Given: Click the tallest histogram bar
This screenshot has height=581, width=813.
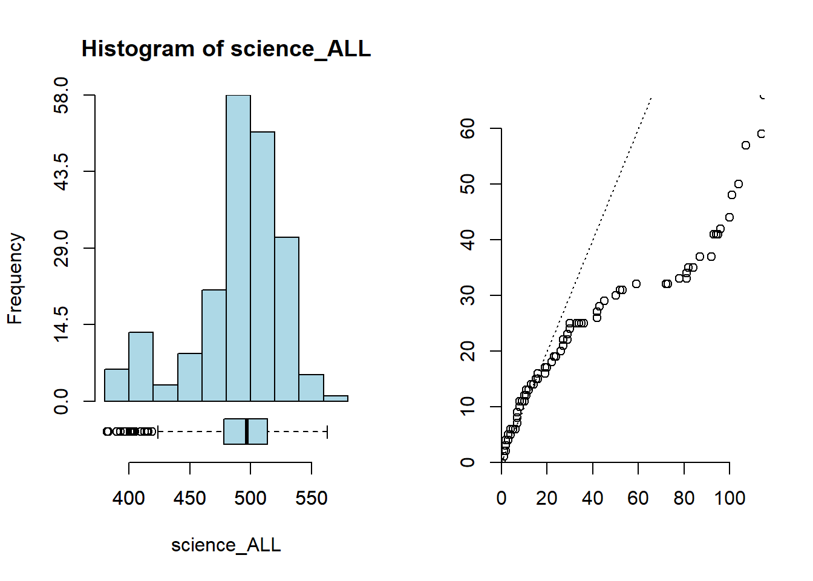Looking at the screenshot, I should point(238,248).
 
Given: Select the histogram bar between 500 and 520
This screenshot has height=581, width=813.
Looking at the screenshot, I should point(263,266).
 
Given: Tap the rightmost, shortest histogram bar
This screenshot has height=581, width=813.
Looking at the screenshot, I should point(336,398).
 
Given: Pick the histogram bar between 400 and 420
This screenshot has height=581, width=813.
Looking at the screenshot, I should point(141,366).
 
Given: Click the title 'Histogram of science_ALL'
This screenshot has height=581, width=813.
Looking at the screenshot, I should point(226,49).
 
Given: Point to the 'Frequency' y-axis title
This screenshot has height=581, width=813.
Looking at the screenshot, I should point(15,278).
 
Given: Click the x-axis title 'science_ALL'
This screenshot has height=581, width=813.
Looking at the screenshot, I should point(226,545).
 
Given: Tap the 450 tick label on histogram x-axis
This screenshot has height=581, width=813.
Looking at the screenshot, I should point(190,498).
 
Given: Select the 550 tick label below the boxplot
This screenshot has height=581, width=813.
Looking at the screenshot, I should point(312,498).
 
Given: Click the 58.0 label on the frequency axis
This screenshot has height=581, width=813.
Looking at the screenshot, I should point(61,95).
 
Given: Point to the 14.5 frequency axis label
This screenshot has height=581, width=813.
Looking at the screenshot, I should point(61,324).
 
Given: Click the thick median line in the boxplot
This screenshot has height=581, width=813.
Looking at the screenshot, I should point(247,432).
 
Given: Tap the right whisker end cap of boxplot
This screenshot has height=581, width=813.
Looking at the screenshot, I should point(327,432).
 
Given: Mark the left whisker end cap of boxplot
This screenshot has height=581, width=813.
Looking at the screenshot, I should point(158,432).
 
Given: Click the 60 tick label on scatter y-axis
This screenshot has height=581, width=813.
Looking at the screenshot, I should point(468,128).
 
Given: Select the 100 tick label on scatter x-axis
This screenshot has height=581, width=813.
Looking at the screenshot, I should point(730,498).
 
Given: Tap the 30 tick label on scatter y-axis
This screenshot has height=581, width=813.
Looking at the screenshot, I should point(468,295).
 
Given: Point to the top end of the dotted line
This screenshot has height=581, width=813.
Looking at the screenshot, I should point(651,97).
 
